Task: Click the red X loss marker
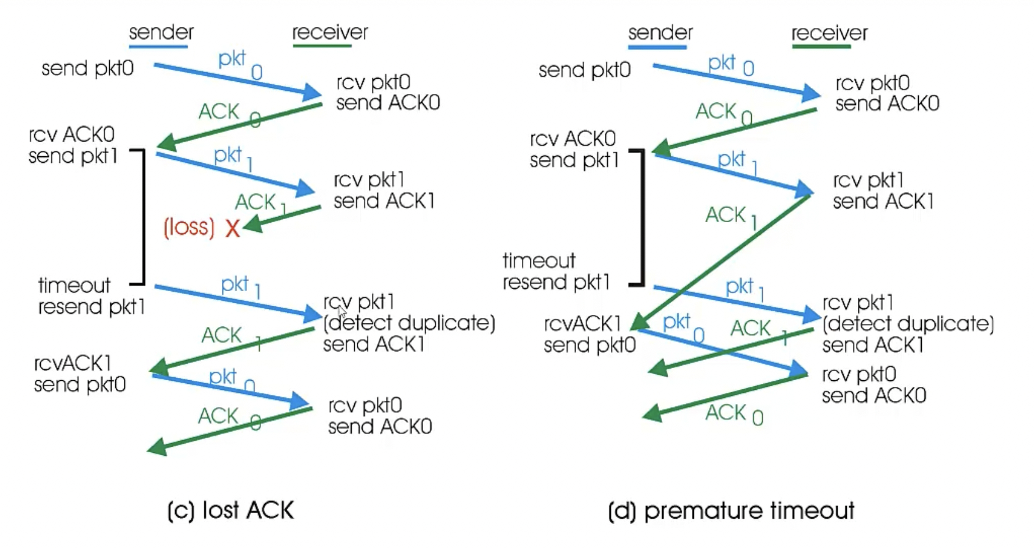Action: point(232,229)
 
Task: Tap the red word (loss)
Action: point(189,228)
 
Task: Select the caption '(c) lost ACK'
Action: point(230,510)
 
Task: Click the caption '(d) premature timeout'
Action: point(731,510)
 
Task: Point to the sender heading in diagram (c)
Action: point(161,32)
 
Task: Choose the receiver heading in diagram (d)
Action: point(829,33)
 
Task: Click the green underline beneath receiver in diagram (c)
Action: point(322,46)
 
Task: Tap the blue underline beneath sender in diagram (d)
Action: point(657,47)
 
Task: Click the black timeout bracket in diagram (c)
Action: point(143,217)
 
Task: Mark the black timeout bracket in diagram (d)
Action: point(643,217)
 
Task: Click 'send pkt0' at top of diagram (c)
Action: point(87,68)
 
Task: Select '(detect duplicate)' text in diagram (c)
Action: point(409,323)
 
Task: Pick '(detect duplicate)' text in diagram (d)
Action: point(908,323)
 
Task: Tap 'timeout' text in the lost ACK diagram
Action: point(74,285)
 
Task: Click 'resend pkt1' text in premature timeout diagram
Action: point(556,283)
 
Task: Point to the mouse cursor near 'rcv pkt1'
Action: point(341,311)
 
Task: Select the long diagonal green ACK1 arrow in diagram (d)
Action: point(719,259)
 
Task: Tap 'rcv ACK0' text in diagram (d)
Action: point(572,139)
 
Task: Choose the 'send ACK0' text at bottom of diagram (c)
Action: point(380,426)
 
